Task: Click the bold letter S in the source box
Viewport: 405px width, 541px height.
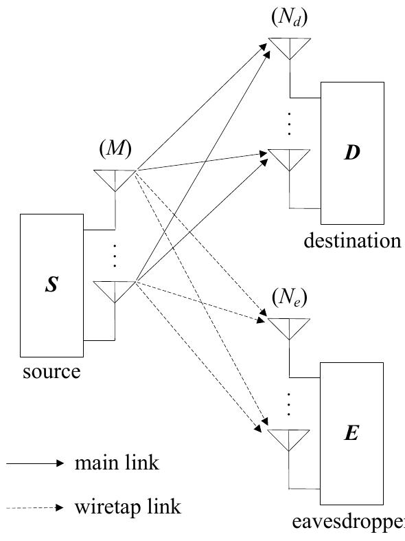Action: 51,285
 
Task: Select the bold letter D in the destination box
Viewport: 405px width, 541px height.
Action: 351,153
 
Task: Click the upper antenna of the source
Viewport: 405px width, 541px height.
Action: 115,179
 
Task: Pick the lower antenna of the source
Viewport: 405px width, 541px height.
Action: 115,291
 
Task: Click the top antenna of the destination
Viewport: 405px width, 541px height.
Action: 289,47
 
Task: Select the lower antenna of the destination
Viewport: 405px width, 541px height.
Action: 289,159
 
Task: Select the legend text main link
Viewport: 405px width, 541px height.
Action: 117,463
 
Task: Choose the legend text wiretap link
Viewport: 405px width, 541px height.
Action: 128,507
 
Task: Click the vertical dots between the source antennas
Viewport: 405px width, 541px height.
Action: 115,256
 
